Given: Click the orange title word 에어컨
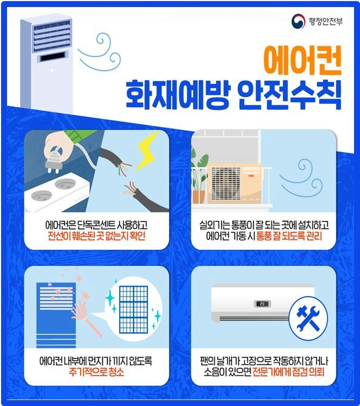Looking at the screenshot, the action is click(x=302, y=60).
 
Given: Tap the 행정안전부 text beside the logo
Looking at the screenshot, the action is click(x=325, y=21).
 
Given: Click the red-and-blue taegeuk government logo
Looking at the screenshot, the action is click(x=298, y=21).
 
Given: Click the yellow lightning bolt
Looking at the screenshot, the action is click(x=148, y=152).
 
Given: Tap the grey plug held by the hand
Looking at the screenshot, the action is click(x=54, y=161).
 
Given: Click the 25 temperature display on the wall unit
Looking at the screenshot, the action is click(x=262, y=304).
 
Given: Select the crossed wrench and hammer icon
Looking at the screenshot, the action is click(x=308, y=318).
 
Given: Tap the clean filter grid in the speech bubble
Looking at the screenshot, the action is click(x=134, y=310).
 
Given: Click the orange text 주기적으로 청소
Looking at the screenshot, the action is click(x=96, y=372).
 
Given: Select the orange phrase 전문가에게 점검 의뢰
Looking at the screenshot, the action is click(x=288, y=372).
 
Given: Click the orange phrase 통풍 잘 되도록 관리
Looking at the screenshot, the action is click(x=289, y=236).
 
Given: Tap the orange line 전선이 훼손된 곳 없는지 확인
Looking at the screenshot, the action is click(x=96, y=236).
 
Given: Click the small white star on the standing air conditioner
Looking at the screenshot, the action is click(x=51, y=70).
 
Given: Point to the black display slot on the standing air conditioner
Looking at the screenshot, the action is click(x=52, y=56).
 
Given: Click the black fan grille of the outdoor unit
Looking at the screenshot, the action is click(x=226, y=184).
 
